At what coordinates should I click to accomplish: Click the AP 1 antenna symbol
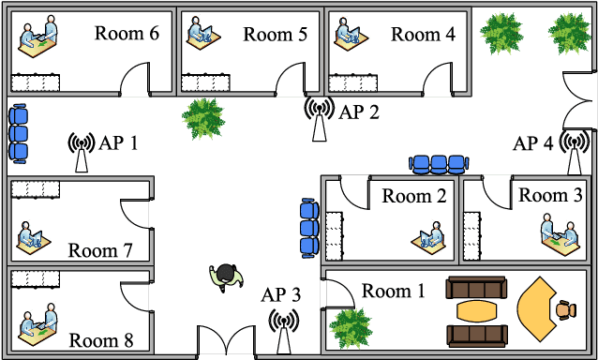(82, 152)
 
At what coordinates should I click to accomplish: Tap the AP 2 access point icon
(320, 117)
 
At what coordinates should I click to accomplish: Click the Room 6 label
(127, 34)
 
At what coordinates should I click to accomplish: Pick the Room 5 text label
(275, 35)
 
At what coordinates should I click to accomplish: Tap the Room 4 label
(423, 35)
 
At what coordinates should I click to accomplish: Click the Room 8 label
(101, 339)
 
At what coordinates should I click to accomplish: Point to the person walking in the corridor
(225, 276)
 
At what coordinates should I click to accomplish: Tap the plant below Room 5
(203, 117)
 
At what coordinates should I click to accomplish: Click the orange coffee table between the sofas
(478, 310)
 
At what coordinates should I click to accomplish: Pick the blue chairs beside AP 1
(19, 133)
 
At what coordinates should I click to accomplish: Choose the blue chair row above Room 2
(439, 164)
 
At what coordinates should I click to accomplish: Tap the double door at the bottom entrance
(226, 341)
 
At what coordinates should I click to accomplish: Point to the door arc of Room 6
(137, 80)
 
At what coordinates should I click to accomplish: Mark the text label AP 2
(359, 113)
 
